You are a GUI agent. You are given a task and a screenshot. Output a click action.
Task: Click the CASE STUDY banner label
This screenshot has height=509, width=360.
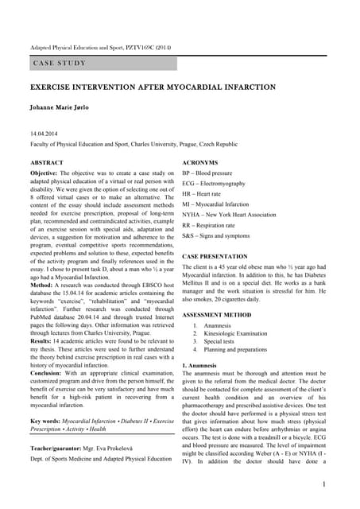(60, 63)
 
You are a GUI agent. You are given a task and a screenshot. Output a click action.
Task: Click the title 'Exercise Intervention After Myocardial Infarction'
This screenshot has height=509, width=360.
(153, 87)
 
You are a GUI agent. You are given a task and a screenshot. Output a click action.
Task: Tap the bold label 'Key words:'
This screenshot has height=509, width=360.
(46, 419)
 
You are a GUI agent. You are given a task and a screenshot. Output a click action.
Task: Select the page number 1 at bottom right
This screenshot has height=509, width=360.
(325, 483)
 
